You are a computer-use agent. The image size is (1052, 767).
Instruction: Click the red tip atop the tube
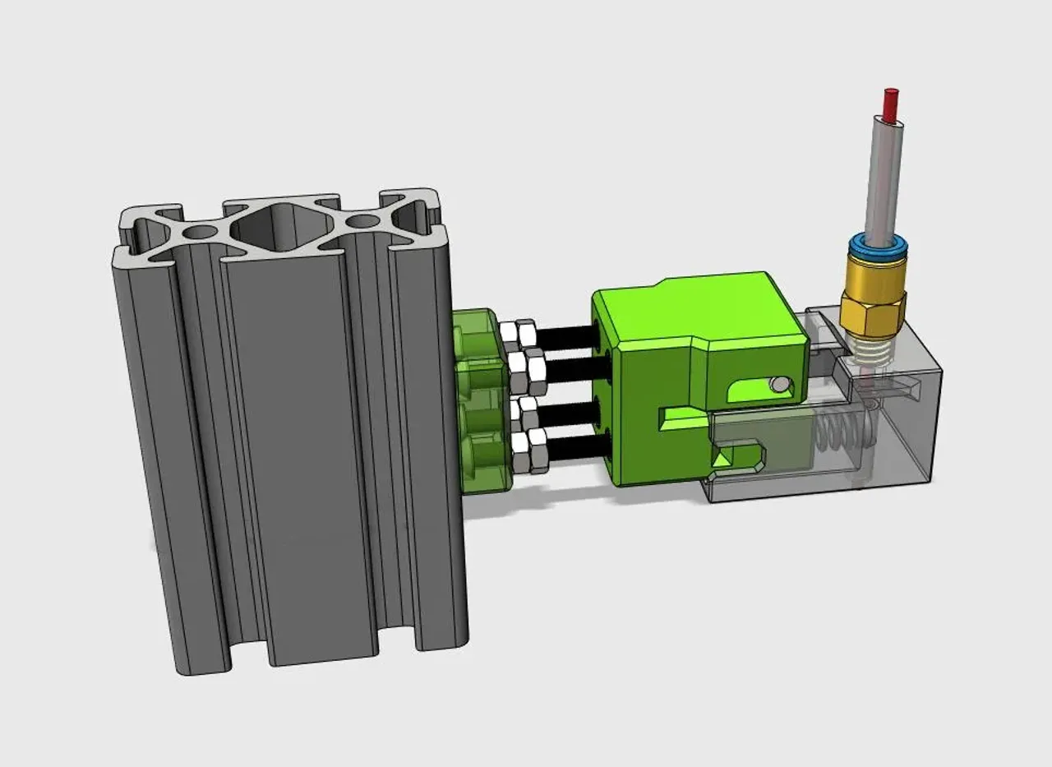[890, 103]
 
